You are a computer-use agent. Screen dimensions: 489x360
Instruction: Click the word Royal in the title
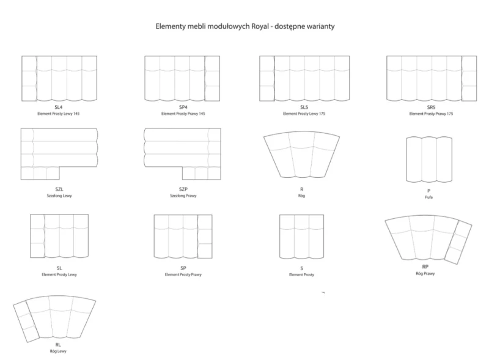tap(260, 26)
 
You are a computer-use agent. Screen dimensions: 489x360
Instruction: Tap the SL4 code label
tap(59, 107)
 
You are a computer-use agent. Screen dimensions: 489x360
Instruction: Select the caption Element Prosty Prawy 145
tap(183, 114)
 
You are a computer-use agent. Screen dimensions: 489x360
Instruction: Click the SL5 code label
tap(304, 107)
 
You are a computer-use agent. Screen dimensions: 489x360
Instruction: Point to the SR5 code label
tap(431, 107)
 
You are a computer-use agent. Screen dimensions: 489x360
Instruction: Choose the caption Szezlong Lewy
tap(59, 196)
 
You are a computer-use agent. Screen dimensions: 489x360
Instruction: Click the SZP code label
tap(183, 189)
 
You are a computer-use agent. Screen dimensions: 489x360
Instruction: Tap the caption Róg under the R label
tap(301, 196)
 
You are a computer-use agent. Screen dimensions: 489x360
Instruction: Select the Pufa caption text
tap(429, 197)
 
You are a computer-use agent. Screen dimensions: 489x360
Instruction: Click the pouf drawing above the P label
tap(429, 160)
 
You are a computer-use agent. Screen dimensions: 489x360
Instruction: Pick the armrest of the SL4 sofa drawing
tap(29, 78)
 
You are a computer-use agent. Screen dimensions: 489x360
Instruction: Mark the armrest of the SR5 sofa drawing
tap(469, 78)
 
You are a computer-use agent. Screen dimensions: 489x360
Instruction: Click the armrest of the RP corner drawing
tap(458, 242)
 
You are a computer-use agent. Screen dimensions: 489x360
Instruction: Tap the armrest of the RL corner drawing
tap(26, 322)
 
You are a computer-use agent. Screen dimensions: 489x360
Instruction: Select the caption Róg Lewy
tap(58, 351)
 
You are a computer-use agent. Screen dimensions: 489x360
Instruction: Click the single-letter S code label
tap(301, 268)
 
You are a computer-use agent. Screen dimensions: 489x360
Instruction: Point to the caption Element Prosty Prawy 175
tap(431, 114)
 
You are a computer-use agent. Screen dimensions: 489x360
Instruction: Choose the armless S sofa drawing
tap(301, 237)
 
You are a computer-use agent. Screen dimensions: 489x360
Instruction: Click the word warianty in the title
tap(320, 26)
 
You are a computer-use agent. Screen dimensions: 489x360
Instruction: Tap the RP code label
tap(425, 266)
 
